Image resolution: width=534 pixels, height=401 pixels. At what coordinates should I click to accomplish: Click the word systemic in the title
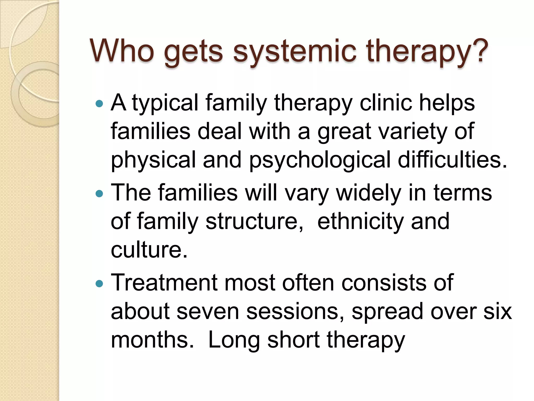tap(295, 51)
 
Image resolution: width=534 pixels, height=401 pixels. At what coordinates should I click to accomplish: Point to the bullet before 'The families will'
tap(99, 194)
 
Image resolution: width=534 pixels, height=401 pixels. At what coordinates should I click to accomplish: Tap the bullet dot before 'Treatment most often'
tap(99, 284)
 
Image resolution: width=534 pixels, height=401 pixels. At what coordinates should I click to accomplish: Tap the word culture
tap(149, 250)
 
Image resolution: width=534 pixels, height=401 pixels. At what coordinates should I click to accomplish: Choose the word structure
tap(254, 221)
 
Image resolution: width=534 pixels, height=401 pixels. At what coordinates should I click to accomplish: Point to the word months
tap(152, 340)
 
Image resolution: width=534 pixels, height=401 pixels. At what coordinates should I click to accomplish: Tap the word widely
tap(368, 193)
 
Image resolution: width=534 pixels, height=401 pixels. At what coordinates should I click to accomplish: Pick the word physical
tap(153, 160)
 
